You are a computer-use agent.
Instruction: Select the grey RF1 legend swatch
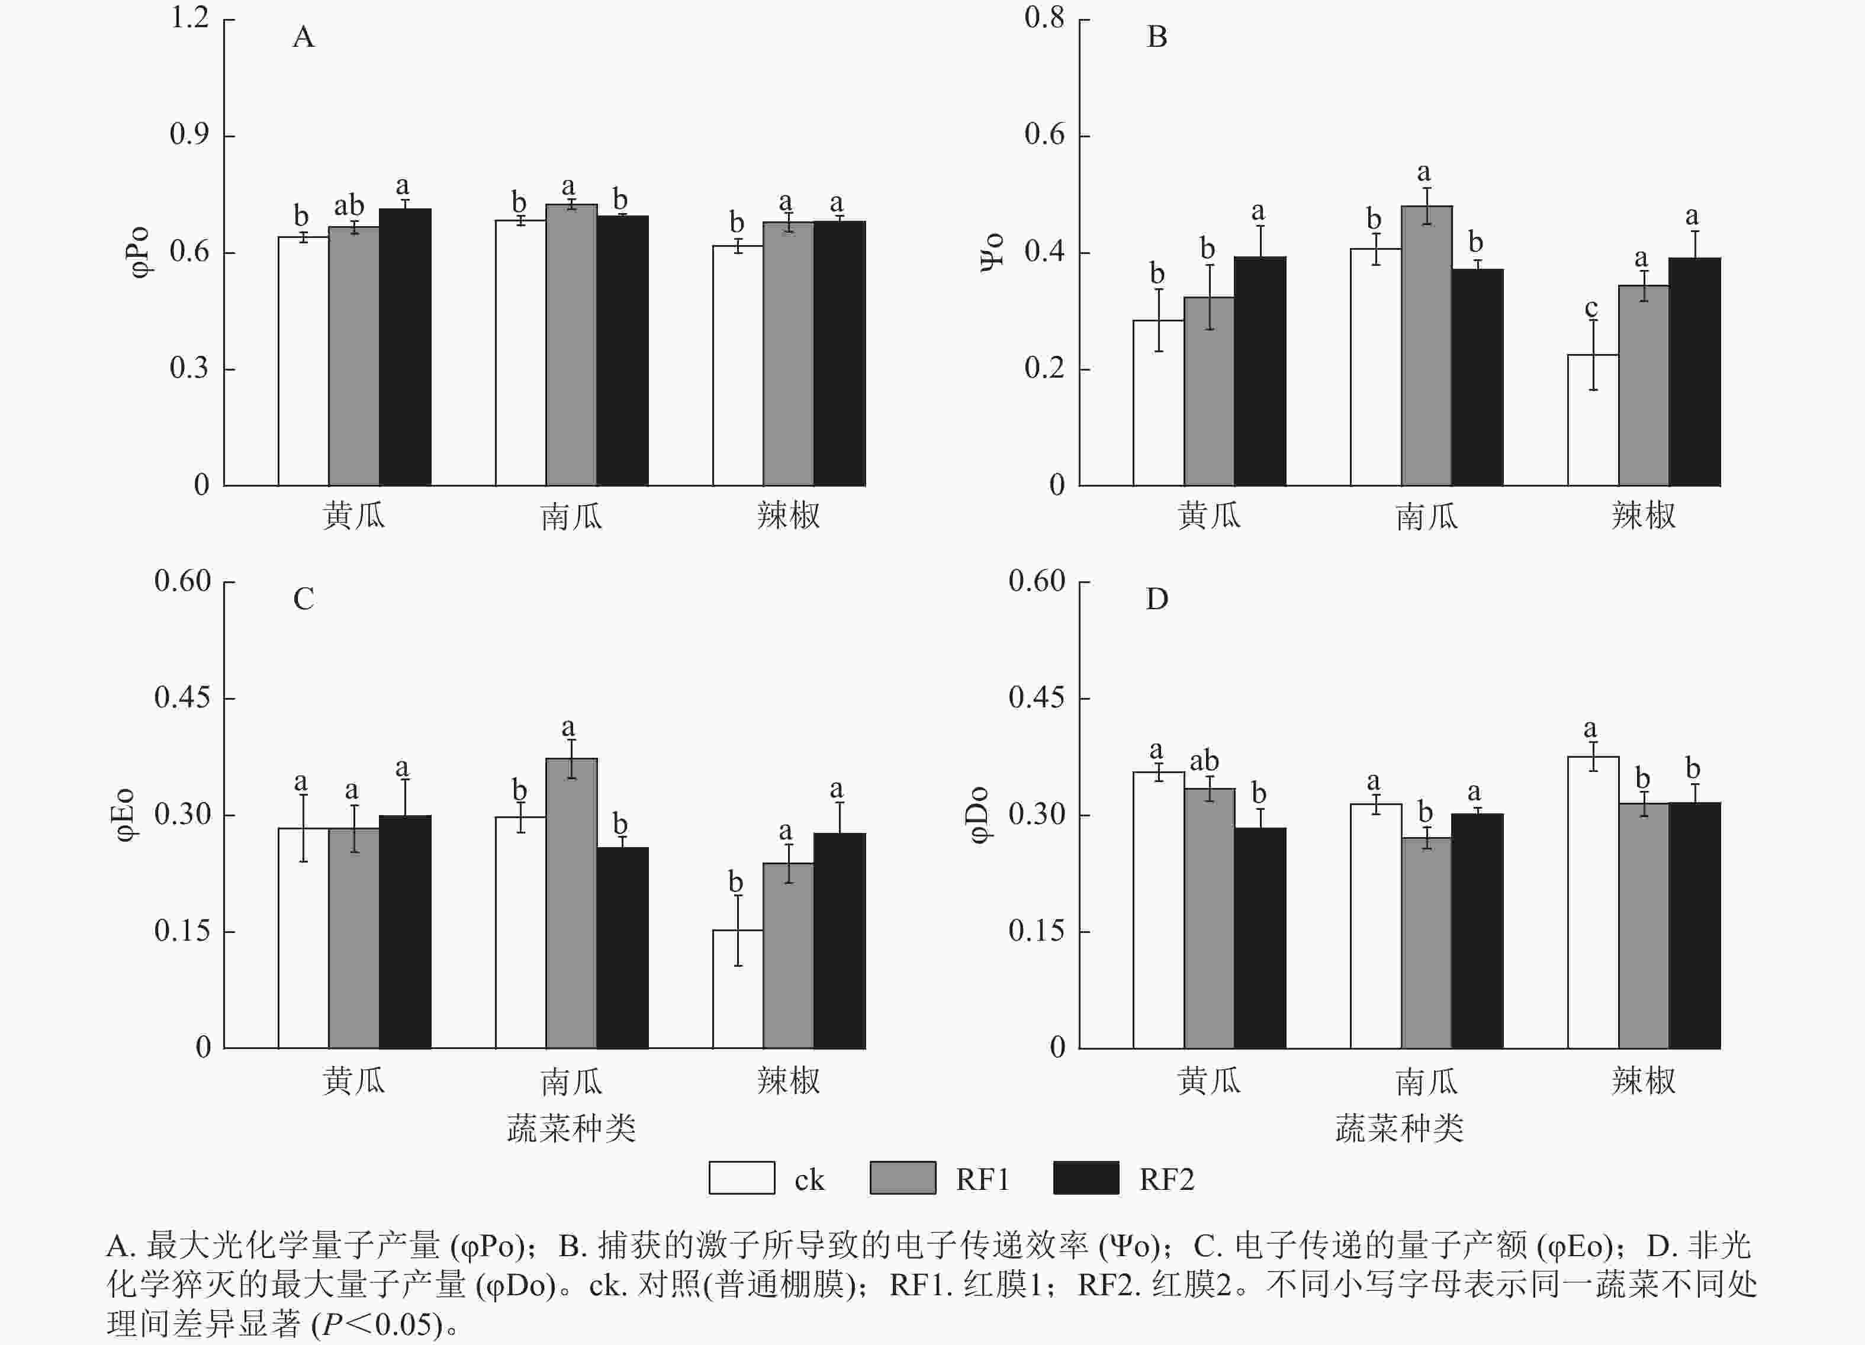tap(902, 1177)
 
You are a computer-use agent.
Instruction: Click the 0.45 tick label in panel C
tap(182, 698)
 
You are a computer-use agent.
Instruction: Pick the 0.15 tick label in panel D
tap(1037, 931)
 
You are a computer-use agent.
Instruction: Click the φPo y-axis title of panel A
tap(140, 252)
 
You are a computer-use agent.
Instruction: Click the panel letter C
tap(303, 599)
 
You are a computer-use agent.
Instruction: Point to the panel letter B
tap(1157, 37)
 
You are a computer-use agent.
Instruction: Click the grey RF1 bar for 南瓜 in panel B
tap(1427, 345)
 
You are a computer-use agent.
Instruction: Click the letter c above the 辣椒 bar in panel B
tap(1591, 308)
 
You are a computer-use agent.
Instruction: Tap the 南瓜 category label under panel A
tap(571, 516)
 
